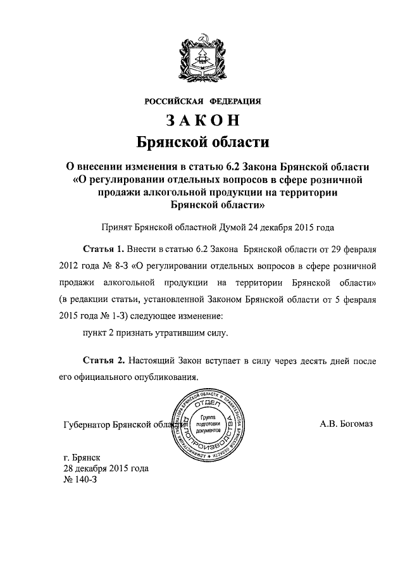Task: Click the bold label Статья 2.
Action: (x=104, y=360)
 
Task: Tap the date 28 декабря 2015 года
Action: (x=105, y=469)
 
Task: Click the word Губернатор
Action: (x=89, y=425)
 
